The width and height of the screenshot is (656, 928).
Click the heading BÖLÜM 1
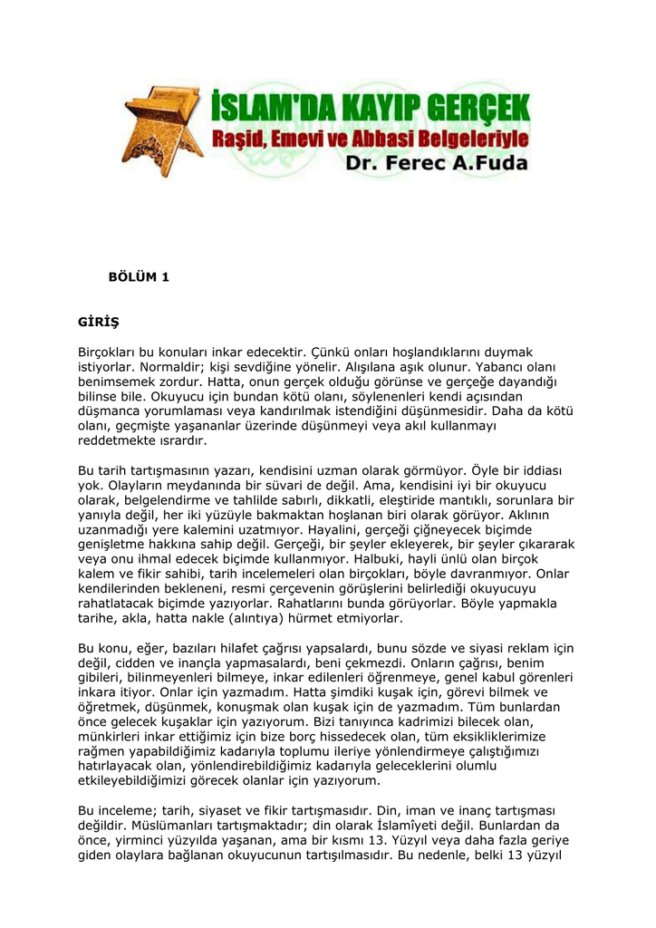139,277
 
